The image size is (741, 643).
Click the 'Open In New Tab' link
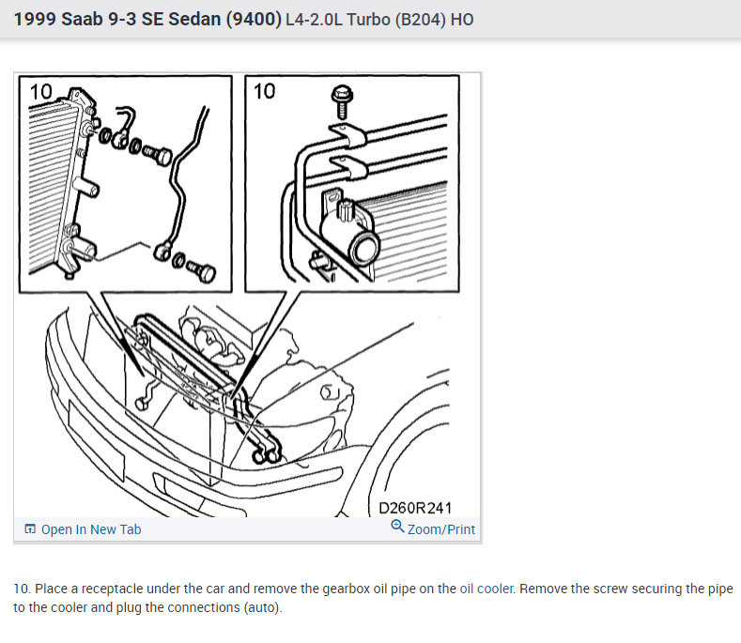click(x=91, y=529)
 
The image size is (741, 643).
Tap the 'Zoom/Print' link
click(x=440, y=529)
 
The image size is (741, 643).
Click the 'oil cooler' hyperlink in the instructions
click(x=486, y=589)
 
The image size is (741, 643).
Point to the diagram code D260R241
click(x=415, y=508)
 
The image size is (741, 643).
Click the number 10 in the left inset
click(x=40, y=92)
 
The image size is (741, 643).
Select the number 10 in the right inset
click(x=264, y=91)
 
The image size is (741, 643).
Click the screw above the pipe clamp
click(x=342, y=101)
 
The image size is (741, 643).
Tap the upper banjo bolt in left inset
click(x=159, y=155)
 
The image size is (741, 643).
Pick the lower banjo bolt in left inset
click(x=202, y=270)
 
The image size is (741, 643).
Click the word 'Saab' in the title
click(x=82, y=19)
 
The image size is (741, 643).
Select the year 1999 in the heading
click(x=35, y=19)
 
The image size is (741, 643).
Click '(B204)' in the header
click(x=420, y=20)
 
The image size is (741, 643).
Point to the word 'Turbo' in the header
click(x=368, y=20)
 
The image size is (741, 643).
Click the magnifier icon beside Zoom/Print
click(x=397, y=527)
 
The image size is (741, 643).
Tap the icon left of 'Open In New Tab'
click(x=30, y=528)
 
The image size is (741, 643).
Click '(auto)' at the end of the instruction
click(x=263, y=607)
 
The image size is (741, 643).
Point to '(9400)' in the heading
click(x=254, y=20)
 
